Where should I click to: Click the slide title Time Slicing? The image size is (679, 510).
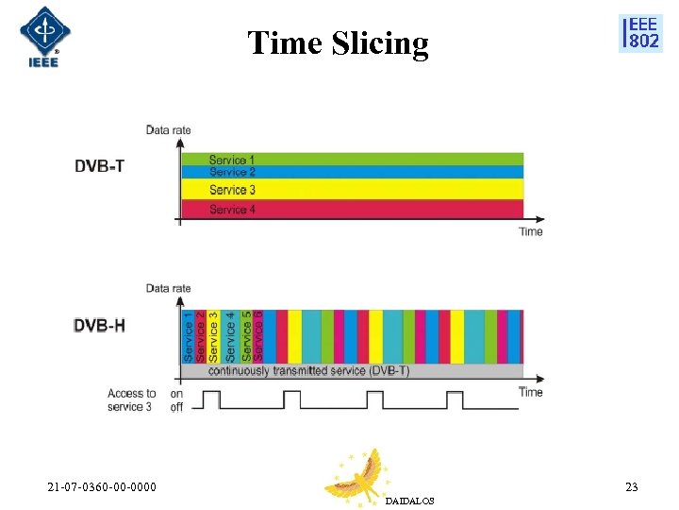tap(338, 43)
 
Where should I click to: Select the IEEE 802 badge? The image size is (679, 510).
tap(640, 33)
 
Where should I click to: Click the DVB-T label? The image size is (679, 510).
tap(99, 166)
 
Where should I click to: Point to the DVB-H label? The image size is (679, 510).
tap(100, 326)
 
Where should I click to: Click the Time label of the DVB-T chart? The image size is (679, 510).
tap(531, 231)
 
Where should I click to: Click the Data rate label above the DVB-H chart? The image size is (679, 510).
tap(168, 288)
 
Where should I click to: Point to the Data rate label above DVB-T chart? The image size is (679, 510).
tap(168, 129)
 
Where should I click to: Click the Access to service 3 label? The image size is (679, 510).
tap(131, 399)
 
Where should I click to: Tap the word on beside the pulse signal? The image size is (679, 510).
tap(176, 394)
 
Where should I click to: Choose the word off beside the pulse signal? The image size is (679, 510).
tap(176, 407)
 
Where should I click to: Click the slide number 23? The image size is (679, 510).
tap(631, 487)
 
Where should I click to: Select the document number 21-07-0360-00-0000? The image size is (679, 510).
tap(103, 487)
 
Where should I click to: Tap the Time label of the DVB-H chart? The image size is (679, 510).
tap(531, 392)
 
